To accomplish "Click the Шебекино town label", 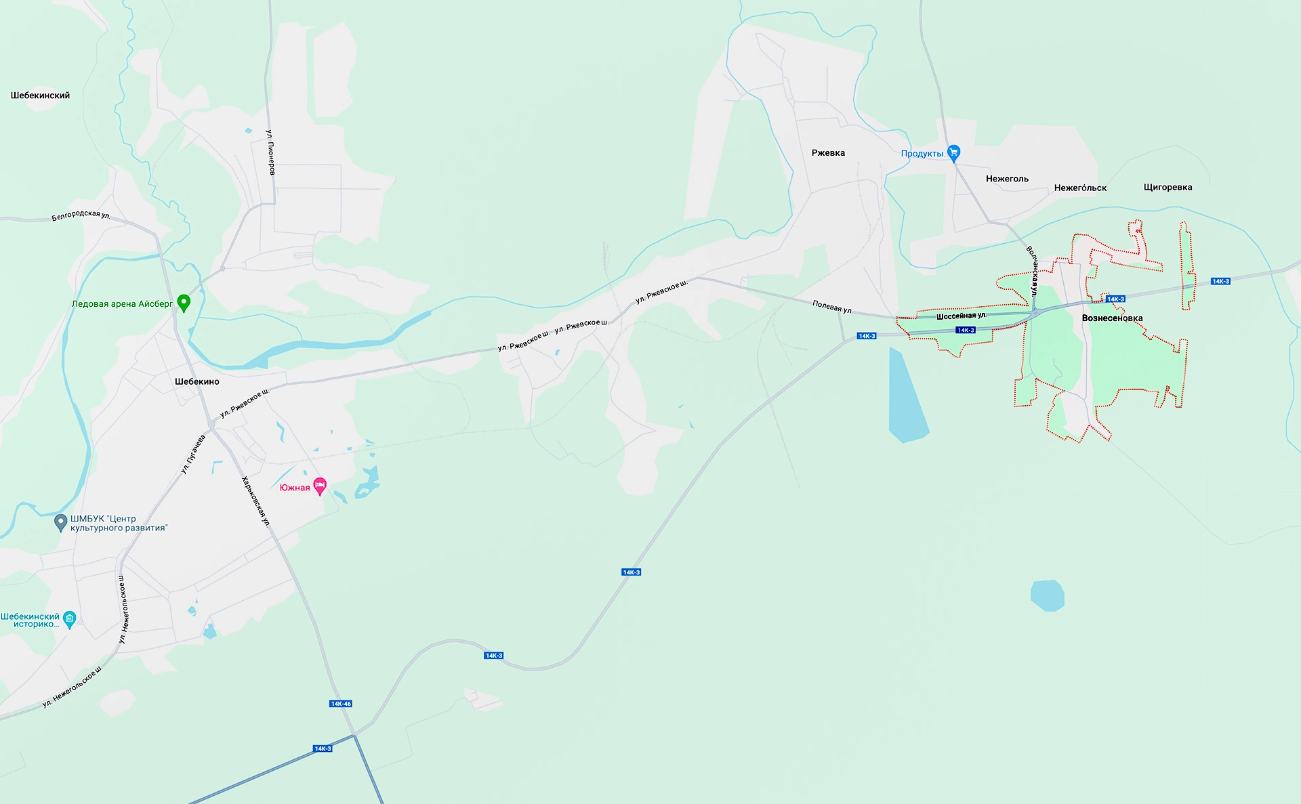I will (x=197, y=381).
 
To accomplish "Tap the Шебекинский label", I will (x=40, y=96).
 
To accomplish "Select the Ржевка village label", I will (x=828, y=153).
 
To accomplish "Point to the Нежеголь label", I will (x=1007, y=179).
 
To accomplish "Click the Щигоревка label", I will (x=1168, y=188).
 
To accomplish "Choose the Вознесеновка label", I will (x=1112, y=318).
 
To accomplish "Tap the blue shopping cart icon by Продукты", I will (x=953, y=153).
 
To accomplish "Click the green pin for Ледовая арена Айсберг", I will (x=184, y=302).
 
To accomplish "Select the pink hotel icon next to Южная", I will (x=320, y=486).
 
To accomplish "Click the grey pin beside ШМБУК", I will (x=60, y=522).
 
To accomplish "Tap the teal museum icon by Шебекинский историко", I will (x=69, y=619).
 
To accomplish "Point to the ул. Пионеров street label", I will (x=270, y=152).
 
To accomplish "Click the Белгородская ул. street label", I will (x=81, y=215).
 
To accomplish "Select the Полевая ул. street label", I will (x=832, y=307).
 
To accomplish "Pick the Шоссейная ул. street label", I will (x=961, y=316).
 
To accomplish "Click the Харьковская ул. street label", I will (x=256, y=501).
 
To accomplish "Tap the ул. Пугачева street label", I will (x=193, y=454).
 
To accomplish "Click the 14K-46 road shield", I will (x=341, y=704).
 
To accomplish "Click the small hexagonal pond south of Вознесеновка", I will (x=1047, y=595).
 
